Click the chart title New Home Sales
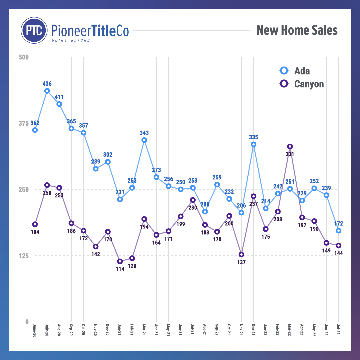297,30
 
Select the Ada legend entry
302,71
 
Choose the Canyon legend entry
309,84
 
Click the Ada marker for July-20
47,91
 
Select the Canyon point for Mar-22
290,146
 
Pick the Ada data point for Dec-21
254,144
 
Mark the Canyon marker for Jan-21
120,261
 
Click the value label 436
47,84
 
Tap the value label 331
290,154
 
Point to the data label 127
241,262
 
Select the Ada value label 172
339,223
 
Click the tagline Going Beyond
71,40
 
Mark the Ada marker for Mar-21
144,140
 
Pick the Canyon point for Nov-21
241,255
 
